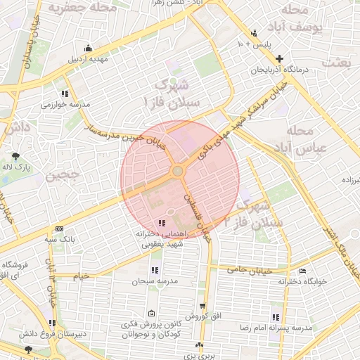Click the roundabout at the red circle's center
[178, 171]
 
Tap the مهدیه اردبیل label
[88, 60]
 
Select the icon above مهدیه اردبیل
[88, 49]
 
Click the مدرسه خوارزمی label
[65, 104]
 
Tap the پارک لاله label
[18, 169]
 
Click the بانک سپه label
[60, 240]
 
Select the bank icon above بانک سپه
[58, 229]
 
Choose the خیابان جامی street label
[245, 269]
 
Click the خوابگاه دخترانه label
[302, 282]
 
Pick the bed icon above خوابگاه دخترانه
[302, 271]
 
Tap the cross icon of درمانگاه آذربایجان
[280, 58]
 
